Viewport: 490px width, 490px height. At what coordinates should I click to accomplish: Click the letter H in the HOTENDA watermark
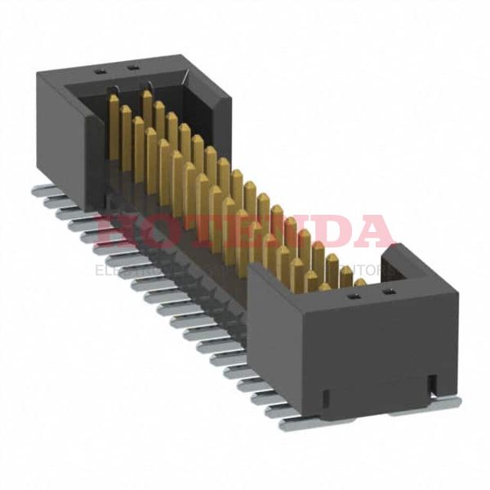point(114,232)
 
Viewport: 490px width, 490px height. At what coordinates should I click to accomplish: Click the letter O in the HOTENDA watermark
point(154,232)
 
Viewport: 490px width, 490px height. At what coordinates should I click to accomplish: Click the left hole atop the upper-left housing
point(101,71)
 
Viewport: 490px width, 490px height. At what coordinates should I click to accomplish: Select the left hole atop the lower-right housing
point(354,297)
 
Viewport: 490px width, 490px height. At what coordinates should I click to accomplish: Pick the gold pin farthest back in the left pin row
point(114,122)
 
